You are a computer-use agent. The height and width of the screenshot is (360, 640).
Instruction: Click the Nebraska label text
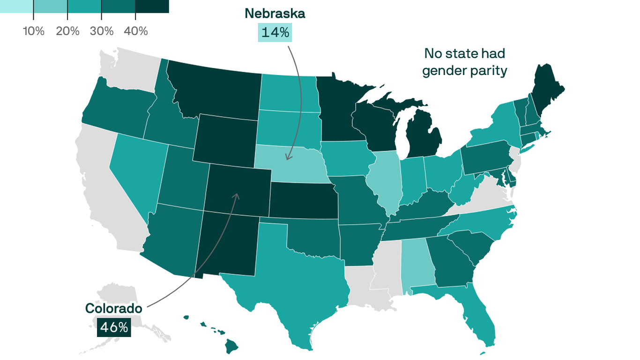pos(275,14)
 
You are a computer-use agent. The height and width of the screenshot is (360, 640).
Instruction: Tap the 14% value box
pos(275,32)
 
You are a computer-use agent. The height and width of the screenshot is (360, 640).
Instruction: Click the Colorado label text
pos(113,308)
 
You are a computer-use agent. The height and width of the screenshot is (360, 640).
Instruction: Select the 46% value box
pos(113,327)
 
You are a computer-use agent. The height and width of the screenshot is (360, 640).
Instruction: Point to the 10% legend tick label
pos(33,31)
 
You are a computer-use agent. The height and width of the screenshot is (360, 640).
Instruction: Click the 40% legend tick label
pos(136,31)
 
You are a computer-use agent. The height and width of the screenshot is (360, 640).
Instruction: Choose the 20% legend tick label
pos(67,31)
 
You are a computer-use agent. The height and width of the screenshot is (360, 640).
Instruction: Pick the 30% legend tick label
pos(102,31)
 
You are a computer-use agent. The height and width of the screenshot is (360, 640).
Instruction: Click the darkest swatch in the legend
pos(152,6)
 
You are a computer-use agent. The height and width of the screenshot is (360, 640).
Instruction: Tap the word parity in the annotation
pos(489,71)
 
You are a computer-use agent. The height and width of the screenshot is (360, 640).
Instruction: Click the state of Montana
pos(216,91)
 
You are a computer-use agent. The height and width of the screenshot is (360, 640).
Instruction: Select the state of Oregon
pos(117,108)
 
